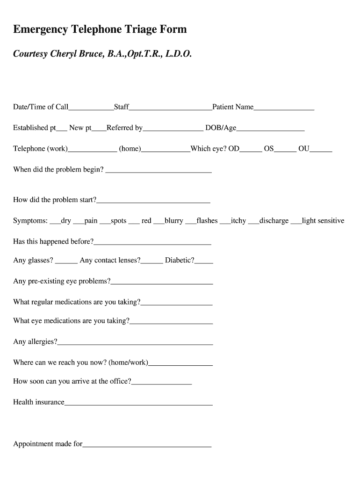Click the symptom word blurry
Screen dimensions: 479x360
click(174, 221)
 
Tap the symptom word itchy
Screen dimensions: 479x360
click(238, 221)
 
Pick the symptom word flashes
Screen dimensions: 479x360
click(207, 221)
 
